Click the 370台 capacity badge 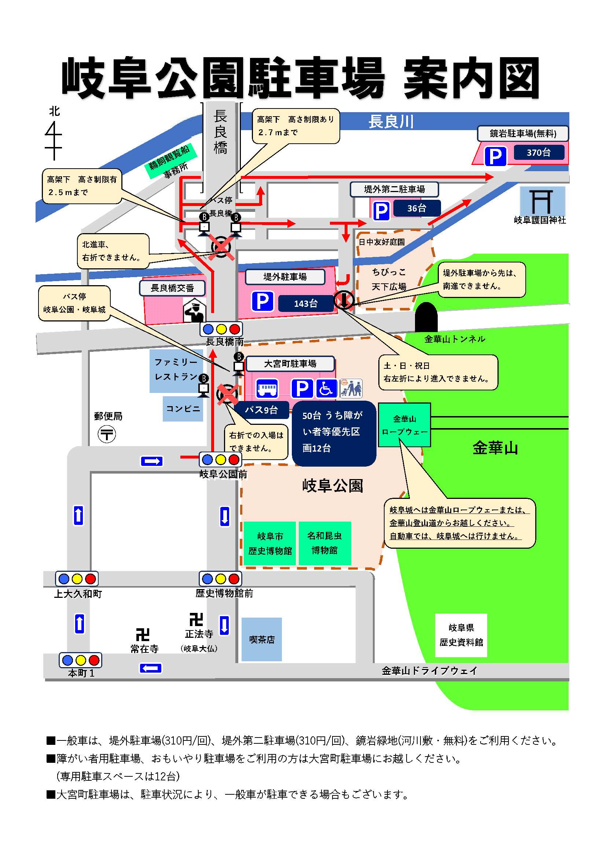coord(539,152)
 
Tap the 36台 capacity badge coord(416,208)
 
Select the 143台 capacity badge coord(305,303)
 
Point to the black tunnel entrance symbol coord(426,317)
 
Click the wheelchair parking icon coord(326,388)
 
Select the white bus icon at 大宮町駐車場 coord(267,389)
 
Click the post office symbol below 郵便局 coord(107,434)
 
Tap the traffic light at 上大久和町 coord(77,579)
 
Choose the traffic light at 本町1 coord(80,660)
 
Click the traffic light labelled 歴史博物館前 coord(220,579)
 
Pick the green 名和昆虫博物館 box coord(324,543)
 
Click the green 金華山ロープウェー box coord(404,425)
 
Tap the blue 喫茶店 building coord(261,639)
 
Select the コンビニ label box coord(183,409)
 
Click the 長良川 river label coord(390,121)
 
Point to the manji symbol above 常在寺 coord(143,634)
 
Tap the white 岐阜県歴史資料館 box coord(461,635)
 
